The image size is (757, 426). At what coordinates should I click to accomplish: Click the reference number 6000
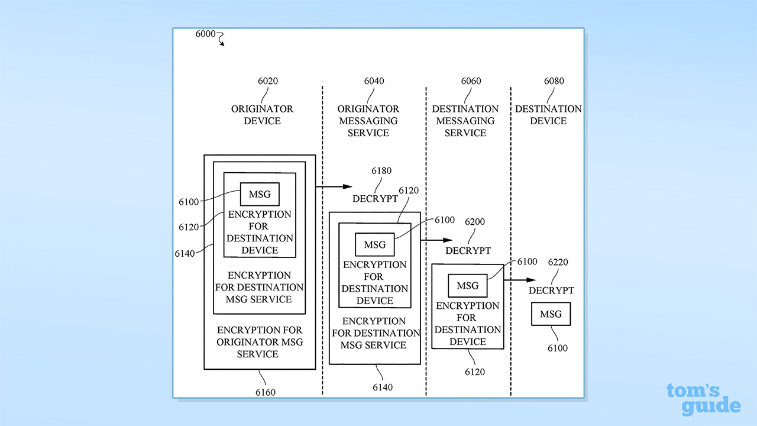(x=205, y=34)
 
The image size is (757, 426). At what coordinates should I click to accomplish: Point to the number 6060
(x=471, y=81)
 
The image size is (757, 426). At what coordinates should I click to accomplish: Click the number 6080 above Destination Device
(x=554, y=81)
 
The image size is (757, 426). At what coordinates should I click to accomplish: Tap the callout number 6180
(x=381, y=171)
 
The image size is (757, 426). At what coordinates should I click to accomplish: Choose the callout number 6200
(x=475, y=222)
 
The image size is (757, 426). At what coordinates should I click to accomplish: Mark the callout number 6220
(x=558, y=262)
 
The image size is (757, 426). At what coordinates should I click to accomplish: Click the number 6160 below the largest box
(x=265, y=392)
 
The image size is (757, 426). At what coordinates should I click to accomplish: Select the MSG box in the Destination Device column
(x=551, y=314)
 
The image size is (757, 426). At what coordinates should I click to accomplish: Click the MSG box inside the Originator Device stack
(x=260, y=194)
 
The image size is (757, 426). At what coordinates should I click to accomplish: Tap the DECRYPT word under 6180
(x=375, y=199)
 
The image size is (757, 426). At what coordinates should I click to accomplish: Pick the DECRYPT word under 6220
(x=551, y=291)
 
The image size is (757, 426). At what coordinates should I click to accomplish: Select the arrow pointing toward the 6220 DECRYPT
(x=520, y=280)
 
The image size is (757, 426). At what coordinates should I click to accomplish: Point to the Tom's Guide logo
(x=703, y=399)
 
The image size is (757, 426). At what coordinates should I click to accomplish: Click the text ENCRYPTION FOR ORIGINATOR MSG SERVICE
(x=260, y=342)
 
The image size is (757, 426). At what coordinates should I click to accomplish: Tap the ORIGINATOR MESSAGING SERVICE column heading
(x=368, y=121)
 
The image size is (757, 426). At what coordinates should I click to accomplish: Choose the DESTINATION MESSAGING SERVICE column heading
(x=465, y=121)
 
